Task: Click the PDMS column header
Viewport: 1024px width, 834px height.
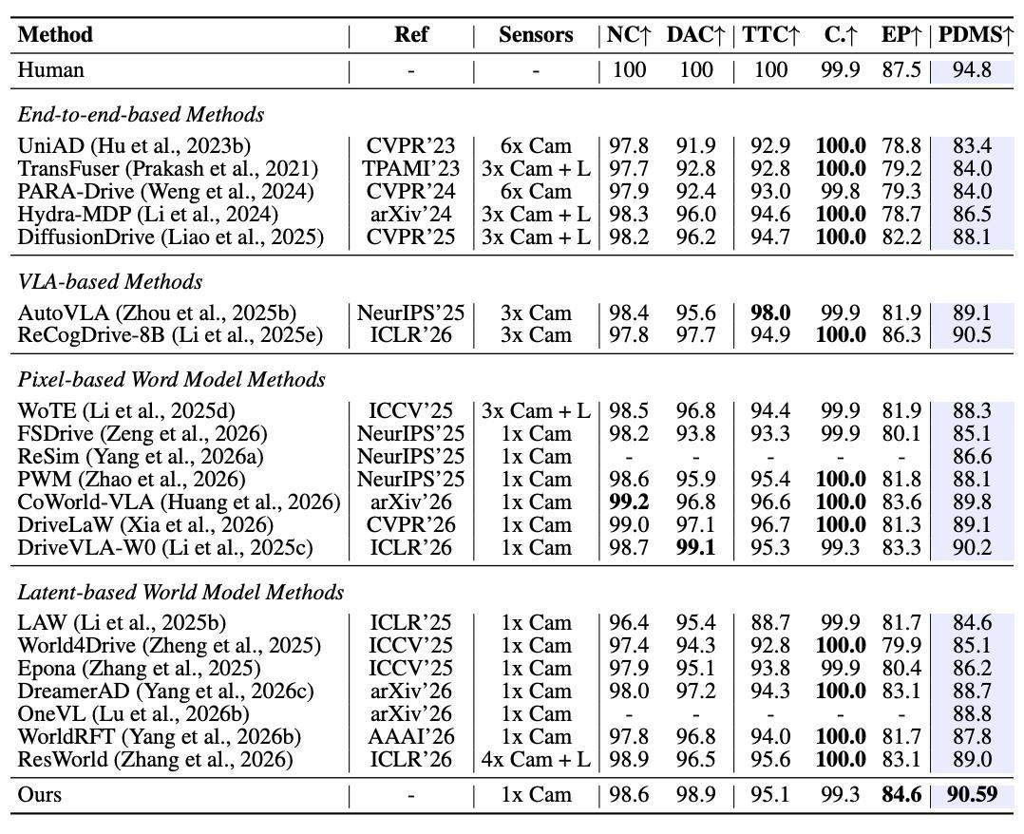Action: click(x=975, y=34)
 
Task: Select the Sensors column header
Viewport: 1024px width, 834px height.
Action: click(x=536, y=34)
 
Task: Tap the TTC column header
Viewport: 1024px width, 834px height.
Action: click(x=770, y=34)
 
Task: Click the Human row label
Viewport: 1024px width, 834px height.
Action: click(x=51, y=70)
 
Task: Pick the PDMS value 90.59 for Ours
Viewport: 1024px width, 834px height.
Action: click(x=972, y=794)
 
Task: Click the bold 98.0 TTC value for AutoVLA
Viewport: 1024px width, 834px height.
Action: click(x=770, y=313)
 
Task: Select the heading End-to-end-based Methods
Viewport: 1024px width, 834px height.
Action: click(x=141, y=115)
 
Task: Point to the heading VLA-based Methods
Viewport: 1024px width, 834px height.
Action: click(x=110, y=282)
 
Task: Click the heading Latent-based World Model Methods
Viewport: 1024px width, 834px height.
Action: click(x=180, y=593)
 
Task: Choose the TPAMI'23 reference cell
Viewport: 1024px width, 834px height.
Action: click(x=410, y=168)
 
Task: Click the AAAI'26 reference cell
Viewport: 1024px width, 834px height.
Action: click(x=410, y=737)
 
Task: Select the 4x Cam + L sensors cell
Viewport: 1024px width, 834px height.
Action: click(x=536, y=760)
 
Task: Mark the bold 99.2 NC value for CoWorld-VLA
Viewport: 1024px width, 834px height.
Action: click(x=629, y=502)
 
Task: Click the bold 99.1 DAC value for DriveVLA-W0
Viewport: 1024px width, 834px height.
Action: click(x=695, y=547)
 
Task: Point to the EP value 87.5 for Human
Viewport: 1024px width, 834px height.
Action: click(x=901, y=70)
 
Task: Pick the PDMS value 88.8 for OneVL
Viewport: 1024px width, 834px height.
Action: click(x=972, y=713)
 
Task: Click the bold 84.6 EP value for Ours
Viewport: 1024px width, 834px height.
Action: click(x=901, y=794)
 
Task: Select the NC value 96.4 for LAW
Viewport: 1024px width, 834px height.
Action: click(x=629, y=623)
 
